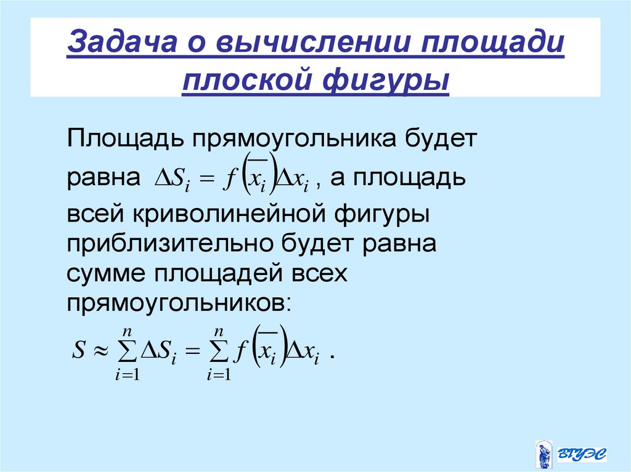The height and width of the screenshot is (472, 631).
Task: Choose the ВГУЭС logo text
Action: (582, 454)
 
